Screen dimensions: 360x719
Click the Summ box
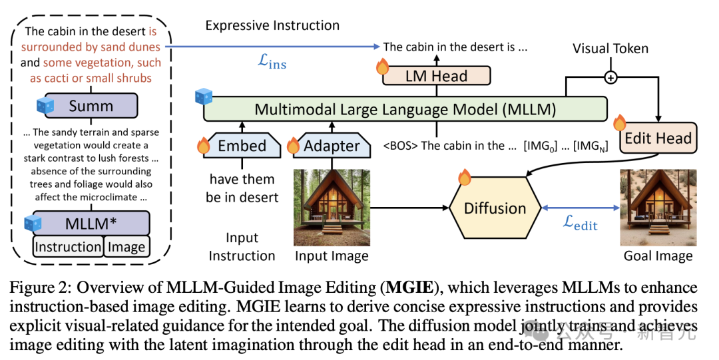(x=91, y=106)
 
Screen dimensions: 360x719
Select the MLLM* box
(x=91, y=223)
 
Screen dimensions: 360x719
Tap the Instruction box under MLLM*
(x=68, y=247)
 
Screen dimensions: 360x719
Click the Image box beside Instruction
(x=126, y=247)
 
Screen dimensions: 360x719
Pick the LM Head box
(x=436, y=76)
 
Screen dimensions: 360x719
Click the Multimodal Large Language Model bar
(x=405, y=108)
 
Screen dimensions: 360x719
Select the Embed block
(x=242, y=146)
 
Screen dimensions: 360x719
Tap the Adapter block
(x=332, y=146)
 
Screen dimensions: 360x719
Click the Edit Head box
(x=658, y=138)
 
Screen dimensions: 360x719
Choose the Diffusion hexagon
(x=495, y=208)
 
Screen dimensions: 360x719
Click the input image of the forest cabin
(x=332, y=208)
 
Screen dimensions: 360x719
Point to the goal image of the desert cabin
(x=658, y=208)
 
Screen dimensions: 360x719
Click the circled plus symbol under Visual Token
(x=610, y=78)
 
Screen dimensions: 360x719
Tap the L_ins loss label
(x=272, y=62)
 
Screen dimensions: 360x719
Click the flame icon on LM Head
(x=383, y=67)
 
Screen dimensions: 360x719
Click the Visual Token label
(x=610, y=48)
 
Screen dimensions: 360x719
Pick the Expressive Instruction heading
(x=272, y=26)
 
